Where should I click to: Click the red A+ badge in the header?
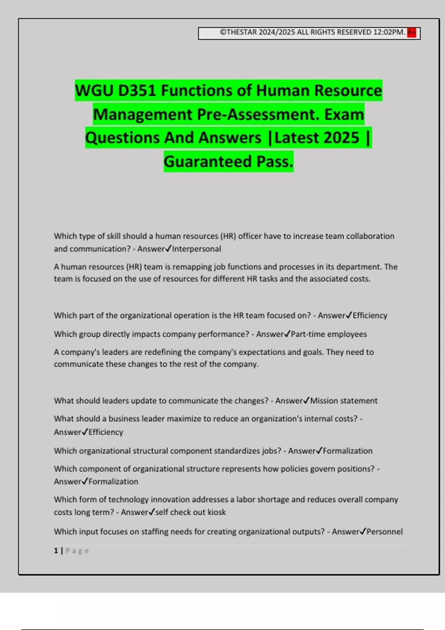[x=412, y=33]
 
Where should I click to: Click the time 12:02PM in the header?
[x=389, y=32]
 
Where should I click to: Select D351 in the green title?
[x=137, y=91]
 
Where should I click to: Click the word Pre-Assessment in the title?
[x=258, y=115]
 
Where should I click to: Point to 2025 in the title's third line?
[x=340, y=138]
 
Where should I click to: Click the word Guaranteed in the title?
[x=208, y=162]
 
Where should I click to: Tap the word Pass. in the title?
[x=275, y=162]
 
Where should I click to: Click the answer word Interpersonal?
[x=197, y=249]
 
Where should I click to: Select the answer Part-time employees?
[x=329, y=334]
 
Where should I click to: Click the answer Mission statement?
[x=344, y=401]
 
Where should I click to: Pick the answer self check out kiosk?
[x=190, y=512]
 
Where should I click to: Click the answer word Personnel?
[x=385, y=531]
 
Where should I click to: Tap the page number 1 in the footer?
[x=56, y=551]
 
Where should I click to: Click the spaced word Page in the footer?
[x=77, y=551]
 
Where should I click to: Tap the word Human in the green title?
[x=283, y=91]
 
